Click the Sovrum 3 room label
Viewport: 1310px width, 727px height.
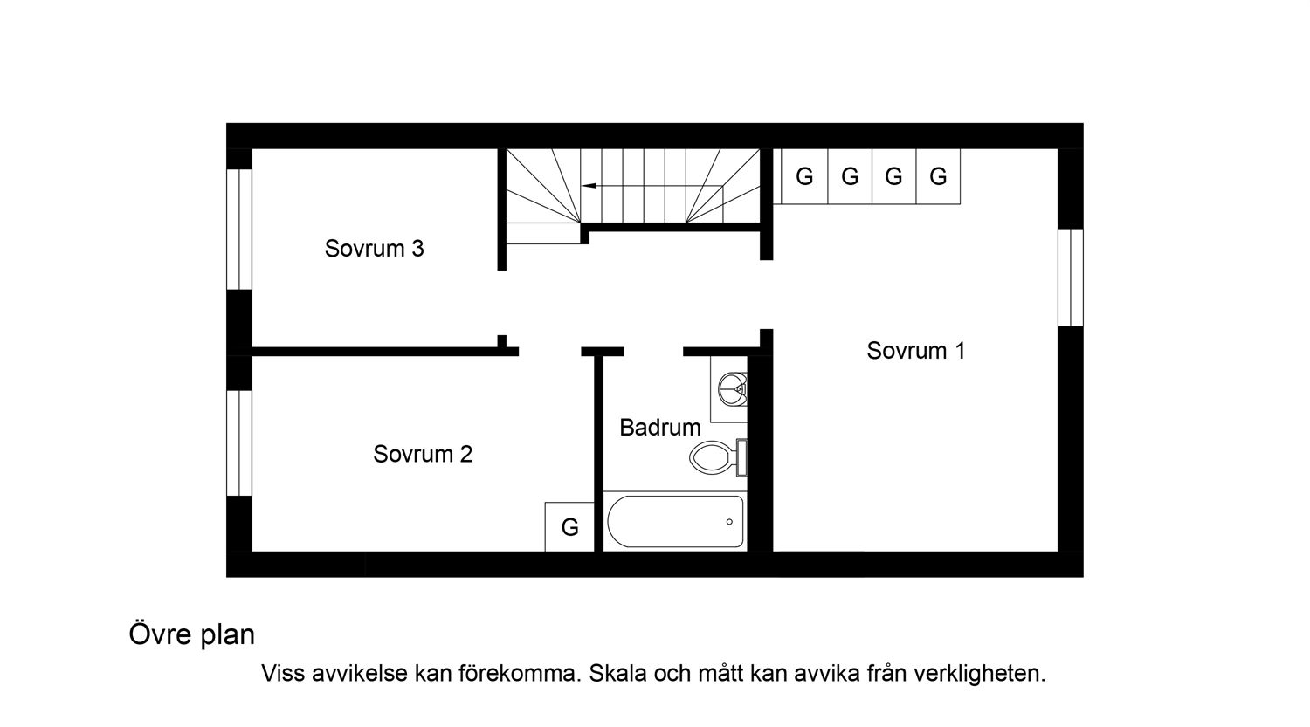pyautogui.click(x=375, y=249)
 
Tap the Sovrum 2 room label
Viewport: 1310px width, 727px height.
pyautogui.click(x=423, y=454)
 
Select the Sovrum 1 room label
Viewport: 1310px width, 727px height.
pyautogui.click(x=916, y=351)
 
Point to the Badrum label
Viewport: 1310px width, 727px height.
pyautogui.click(x=660, y=428)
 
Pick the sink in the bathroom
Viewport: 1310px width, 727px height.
pyautogui.click(x=732, y=389)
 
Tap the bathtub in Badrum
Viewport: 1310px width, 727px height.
pyautogui.click(x=675, y=522)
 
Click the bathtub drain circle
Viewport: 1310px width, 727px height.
pyautogui.click(x=729, y=522)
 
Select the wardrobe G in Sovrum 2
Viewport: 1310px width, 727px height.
pyautogui.click(x=569, y=526)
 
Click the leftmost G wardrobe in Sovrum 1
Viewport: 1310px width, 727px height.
pyautogui.click(x=804, y=176)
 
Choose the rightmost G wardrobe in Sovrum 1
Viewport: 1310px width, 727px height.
pyautogui.click(x=938, y=176)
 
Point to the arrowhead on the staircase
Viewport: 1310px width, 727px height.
pyautogui.click(x=589, y=186)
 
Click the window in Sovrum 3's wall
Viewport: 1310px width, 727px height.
pyautogui.click(x=239, y=229)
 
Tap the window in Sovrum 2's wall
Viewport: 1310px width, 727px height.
pyautogui.click(x=239, y=443)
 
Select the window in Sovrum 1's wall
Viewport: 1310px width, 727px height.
pyautogui.click(x=1071, y=277)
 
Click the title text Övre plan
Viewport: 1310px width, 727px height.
pyautogui.click(x=192, y=635)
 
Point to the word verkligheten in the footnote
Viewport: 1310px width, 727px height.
pyautogui.click(x=980, y=674)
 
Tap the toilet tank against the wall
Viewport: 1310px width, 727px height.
pyautogui.click(x=741, y=457)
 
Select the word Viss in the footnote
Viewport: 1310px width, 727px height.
pyautogui.click(x=283, y=673)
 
